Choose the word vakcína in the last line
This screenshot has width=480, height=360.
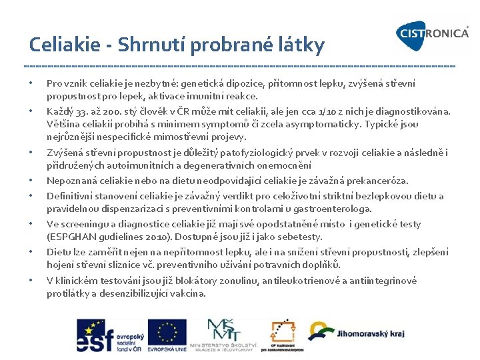(189, 293)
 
